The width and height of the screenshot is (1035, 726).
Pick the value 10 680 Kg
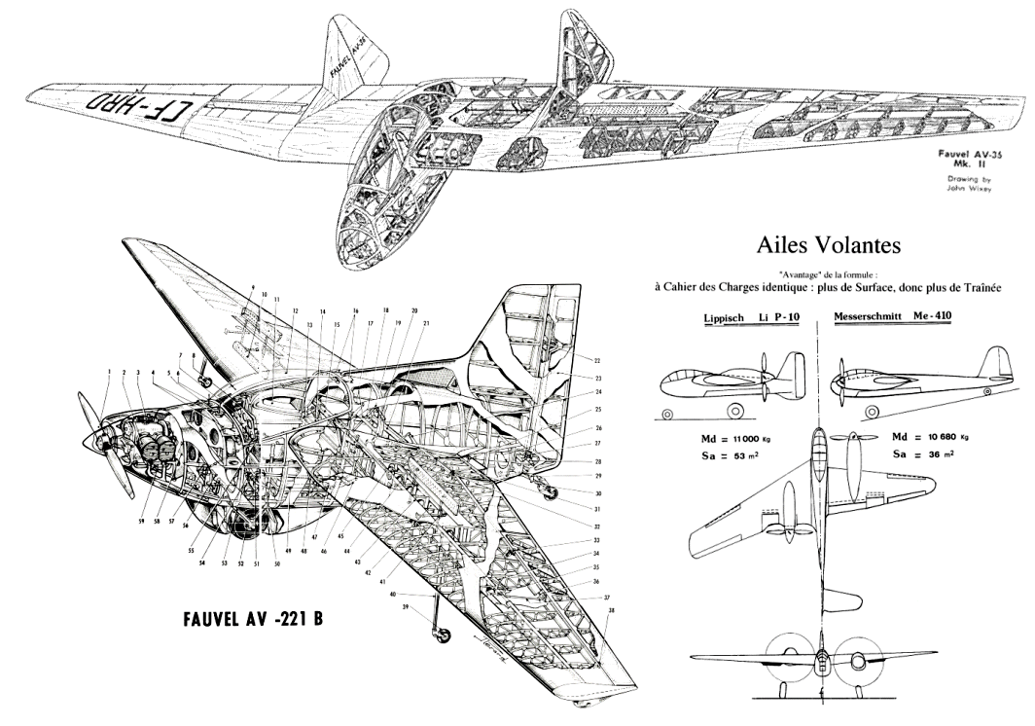(x=935, y=438)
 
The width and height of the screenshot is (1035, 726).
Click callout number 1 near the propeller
(x=110, y=372)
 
